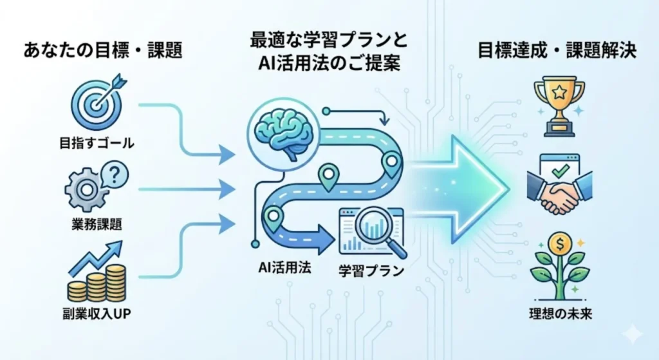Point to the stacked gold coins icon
pyautogui.click(x=97, y=283)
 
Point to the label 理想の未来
pyautogui.click(x=559, y=316)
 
